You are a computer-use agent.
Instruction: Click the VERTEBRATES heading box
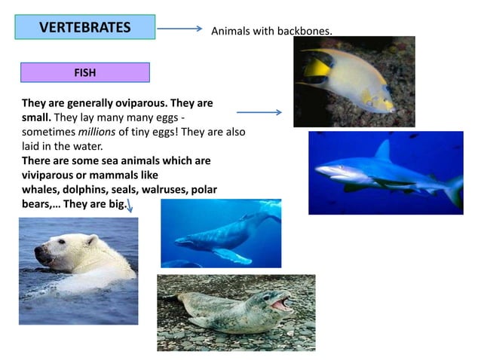click(x=84, y=27)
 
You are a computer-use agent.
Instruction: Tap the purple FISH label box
click(x=84, y=72)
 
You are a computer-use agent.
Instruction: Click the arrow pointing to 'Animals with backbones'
click(x=179, y=29)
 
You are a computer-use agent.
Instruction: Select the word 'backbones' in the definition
click(x=305, y=31)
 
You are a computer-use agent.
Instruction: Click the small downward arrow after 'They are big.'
click(x=130, y=206)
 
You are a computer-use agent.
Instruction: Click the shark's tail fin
click(x=454, y=190)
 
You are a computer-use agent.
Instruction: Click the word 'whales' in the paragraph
click(x=39, y=190)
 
